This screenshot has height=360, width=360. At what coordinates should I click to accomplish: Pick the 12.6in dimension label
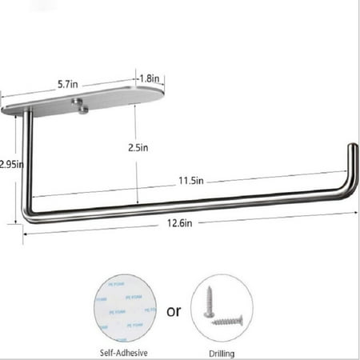click(179, 223)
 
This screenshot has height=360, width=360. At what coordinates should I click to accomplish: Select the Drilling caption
click(222, 350)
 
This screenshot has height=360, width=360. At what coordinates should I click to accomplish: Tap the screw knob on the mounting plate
click(80, 103)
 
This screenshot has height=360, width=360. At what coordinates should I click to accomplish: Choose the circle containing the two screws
click(222, 307)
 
